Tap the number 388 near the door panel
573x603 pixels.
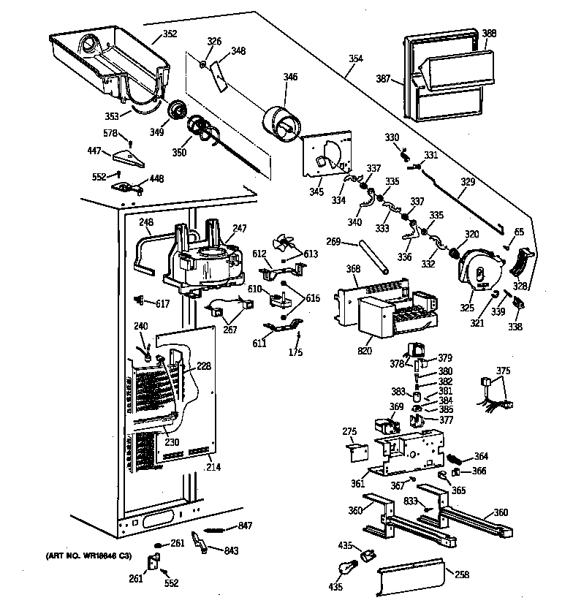pyautogui.click(x=489, y=33)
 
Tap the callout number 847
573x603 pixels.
pyautogui.click(x=244, y=526)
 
